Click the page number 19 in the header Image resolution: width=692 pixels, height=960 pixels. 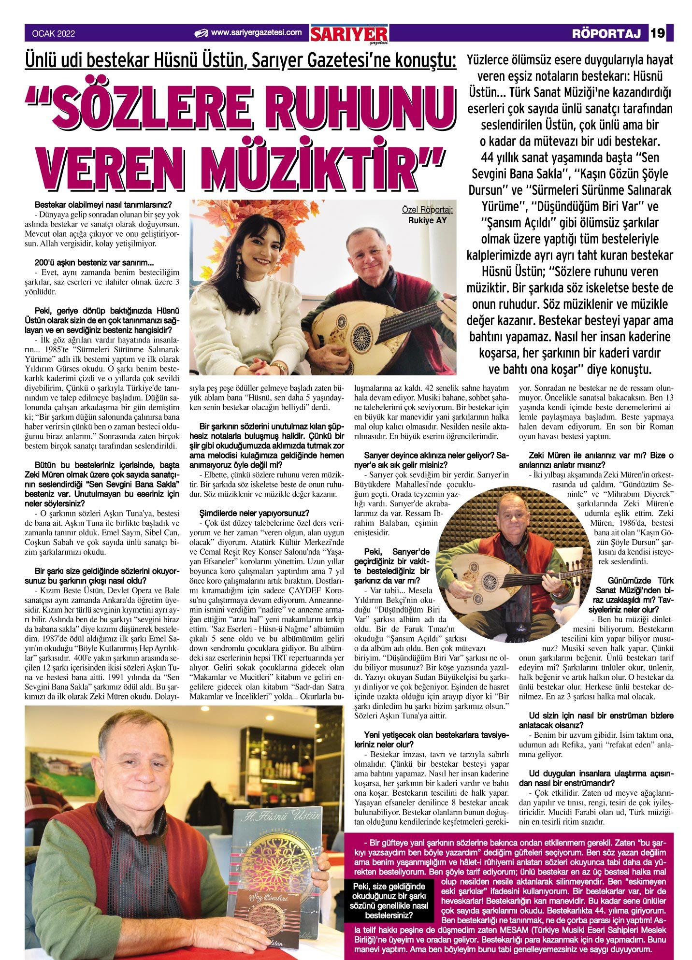pyautogui.click(x=658, y=33)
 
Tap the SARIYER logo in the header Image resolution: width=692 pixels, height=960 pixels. pyautogui.click(x=349, y=34)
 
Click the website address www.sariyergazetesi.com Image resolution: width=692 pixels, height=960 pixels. pyautogui.click(x=256, y=33)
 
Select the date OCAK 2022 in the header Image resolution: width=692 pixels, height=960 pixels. pyautogui.click(x=53, y=34)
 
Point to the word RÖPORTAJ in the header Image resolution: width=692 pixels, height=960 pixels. pyautogui.click(x=606, y=34)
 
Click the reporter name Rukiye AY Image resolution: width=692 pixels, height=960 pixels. pyautogui.click(x=427, y=220)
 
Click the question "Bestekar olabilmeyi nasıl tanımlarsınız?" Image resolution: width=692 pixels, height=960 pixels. pyautogui.click(x=103, y=205)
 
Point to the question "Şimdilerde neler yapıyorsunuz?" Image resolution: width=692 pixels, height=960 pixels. pyautogui.click(x=254, y=513)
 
